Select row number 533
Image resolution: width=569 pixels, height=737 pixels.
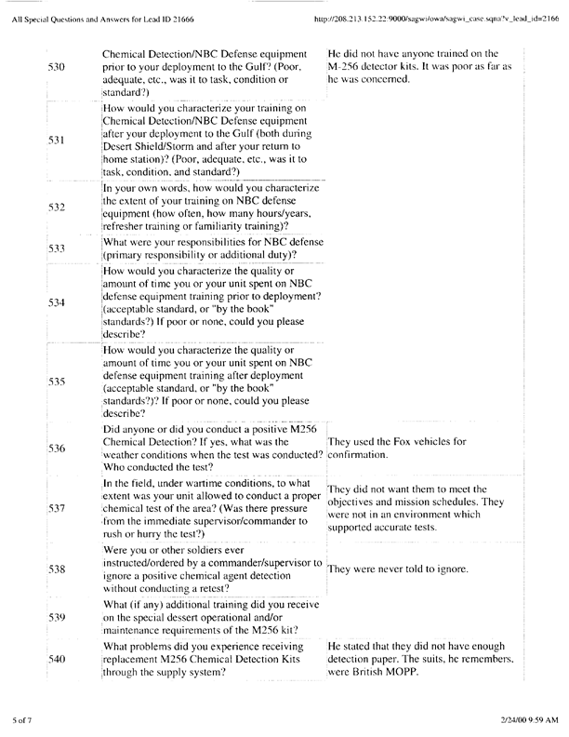[57, 248]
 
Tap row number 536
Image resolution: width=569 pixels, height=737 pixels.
[57, 448]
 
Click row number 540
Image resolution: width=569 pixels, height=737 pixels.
[57, 658]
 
